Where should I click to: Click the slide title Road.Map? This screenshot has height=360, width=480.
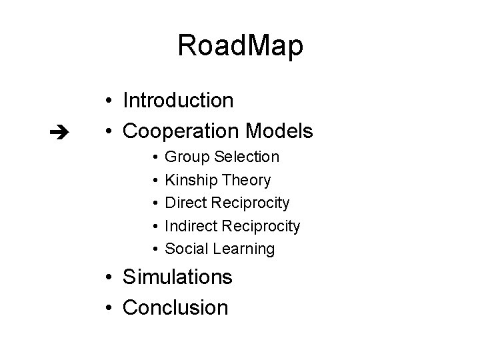coord(240,46)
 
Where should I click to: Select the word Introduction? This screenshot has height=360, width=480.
coord(178,101)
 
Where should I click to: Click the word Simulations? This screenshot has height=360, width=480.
coord(178,277)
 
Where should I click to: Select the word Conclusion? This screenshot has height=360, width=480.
coord(176,307)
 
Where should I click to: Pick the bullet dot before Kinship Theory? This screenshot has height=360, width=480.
coord(154,181)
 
